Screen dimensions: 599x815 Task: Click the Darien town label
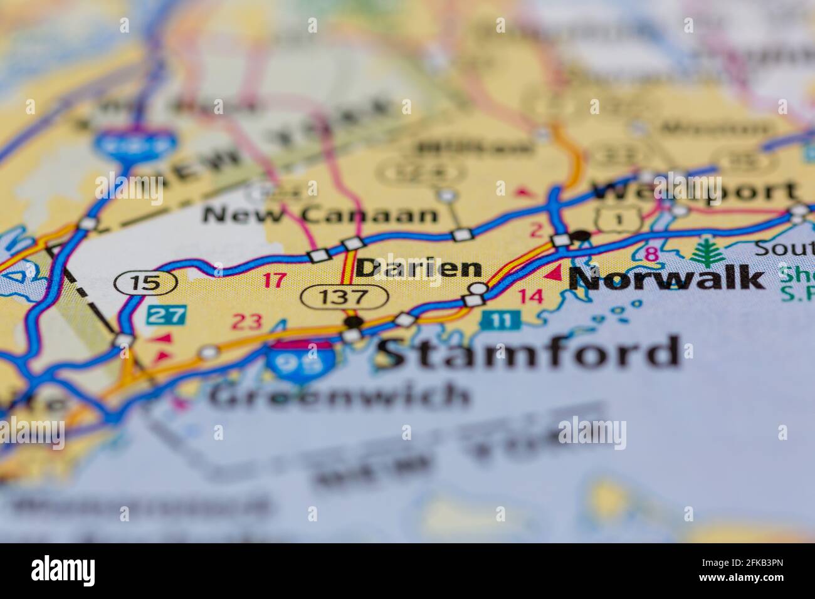click(x=418, y=268)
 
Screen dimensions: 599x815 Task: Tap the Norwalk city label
click(x=666, y=278)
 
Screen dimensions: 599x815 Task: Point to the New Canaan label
click(x=320, y=215)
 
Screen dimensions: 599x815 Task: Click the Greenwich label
click(x=339, y=395)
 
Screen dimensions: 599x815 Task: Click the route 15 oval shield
click(x=145, y=283)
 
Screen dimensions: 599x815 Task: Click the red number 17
click(x=273, y=279)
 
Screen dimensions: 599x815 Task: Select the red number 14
click(x=532, y=296)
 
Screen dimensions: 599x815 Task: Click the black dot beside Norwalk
click(x=582, y=235)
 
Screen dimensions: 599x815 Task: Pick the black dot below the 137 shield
click(x=354, y=321)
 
